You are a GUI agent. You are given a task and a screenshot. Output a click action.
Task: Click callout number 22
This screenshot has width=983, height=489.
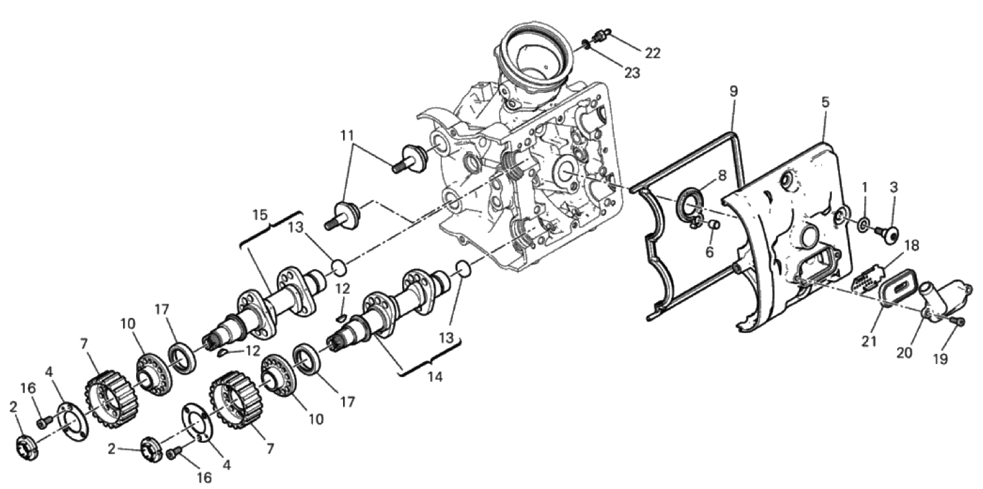coord(652,53)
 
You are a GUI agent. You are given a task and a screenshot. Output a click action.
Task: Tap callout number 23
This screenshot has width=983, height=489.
coord(632,73)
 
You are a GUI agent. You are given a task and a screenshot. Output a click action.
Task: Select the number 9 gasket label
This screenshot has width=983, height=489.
coord(733,91)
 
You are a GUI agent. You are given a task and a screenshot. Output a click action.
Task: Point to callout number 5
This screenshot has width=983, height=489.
coord(826,102)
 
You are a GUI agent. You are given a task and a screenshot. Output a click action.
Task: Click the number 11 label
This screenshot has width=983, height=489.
coord(347,135)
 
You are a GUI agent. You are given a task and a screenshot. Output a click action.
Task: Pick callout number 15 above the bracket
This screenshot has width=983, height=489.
coord(260,215)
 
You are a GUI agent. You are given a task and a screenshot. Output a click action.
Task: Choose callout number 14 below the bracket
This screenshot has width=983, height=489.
coord(435,376)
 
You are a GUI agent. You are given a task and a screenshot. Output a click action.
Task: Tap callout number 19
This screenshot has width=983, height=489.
coord(941,359)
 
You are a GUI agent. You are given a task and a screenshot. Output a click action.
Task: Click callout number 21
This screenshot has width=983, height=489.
coord(870,341)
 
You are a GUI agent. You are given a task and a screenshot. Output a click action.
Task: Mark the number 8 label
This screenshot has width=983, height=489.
coord(722,175)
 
